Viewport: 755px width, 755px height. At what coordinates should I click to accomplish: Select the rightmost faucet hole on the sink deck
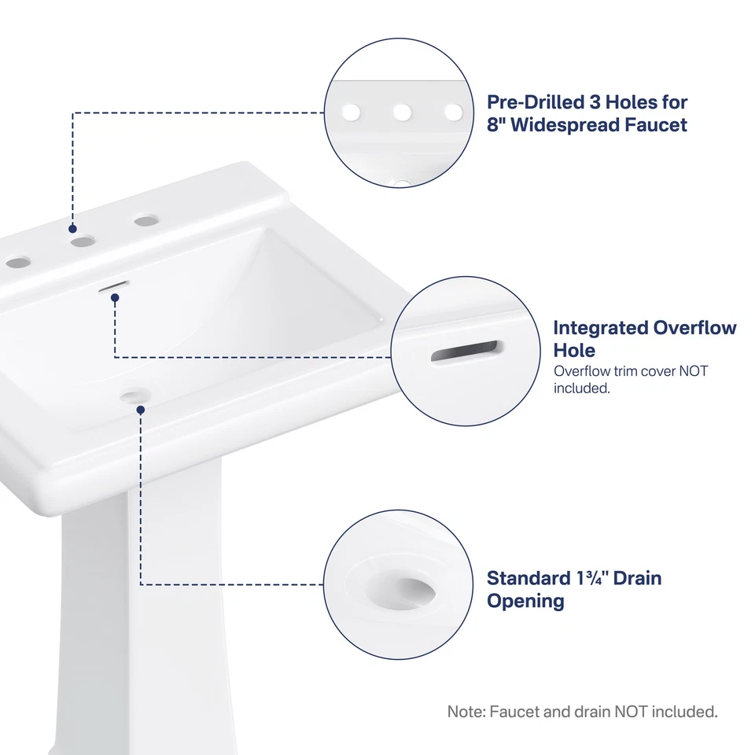point(144,222)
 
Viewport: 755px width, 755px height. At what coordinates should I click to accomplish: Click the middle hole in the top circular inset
point(403,112)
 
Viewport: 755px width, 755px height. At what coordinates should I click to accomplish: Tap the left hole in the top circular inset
point(351,112)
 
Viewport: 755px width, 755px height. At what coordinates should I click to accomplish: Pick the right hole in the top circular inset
point(454,112)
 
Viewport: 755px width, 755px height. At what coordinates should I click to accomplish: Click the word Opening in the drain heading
point(525,602)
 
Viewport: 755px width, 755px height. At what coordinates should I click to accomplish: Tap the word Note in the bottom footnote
point(466,713)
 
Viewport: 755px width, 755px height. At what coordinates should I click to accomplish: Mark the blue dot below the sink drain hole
point(139,410)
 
